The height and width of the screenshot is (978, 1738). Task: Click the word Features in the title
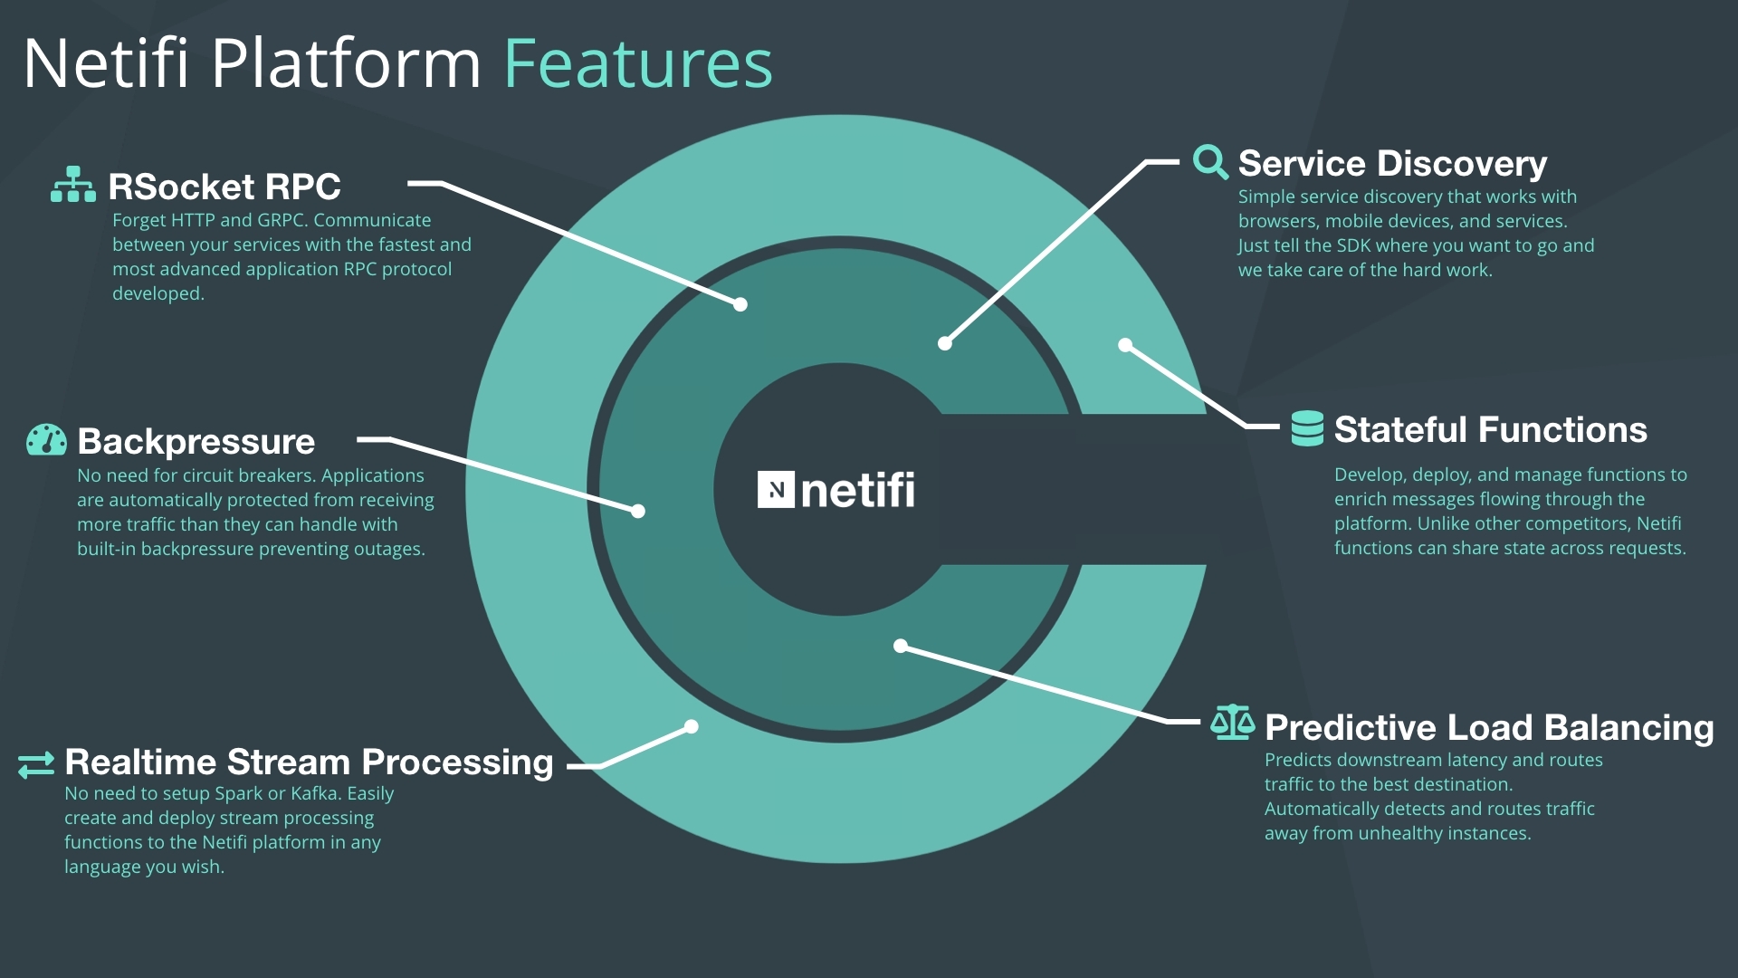pos(638,63)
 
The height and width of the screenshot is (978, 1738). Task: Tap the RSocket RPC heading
pos(224,187)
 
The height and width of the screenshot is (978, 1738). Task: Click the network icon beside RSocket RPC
pos(73,184)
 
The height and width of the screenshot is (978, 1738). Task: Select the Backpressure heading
pos(196,442)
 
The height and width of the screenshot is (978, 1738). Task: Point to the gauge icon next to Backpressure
pos(46,439)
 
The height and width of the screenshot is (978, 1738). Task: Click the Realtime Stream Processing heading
pos(309,762)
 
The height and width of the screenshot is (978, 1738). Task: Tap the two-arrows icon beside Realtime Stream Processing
pos(36,765)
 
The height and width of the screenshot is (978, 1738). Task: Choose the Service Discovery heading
pos(1392,164)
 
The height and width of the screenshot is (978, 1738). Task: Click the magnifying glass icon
pos(1210,162)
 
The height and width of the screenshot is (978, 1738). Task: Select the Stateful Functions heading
pos(1491,430)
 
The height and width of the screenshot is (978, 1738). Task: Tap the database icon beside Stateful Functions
pos(1307,428)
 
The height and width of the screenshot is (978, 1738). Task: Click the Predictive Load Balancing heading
pos(1489,728)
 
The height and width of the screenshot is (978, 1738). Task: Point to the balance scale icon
pos(1233,723)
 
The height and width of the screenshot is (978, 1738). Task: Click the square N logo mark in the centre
pos(776,490)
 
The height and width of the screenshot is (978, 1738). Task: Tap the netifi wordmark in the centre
pos(858,490)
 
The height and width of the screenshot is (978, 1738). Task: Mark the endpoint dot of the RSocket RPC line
pos(740,304)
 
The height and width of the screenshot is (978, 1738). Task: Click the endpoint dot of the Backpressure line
pos(638,512)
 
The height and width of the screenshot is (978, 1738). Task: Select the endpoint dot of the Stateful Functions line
pos(1125,345)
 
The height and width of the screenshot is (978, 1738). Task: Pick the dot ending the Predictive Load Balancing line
pos(901,646)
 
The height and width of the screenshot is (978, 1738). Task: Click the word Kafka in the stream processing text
pos(316,794)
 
